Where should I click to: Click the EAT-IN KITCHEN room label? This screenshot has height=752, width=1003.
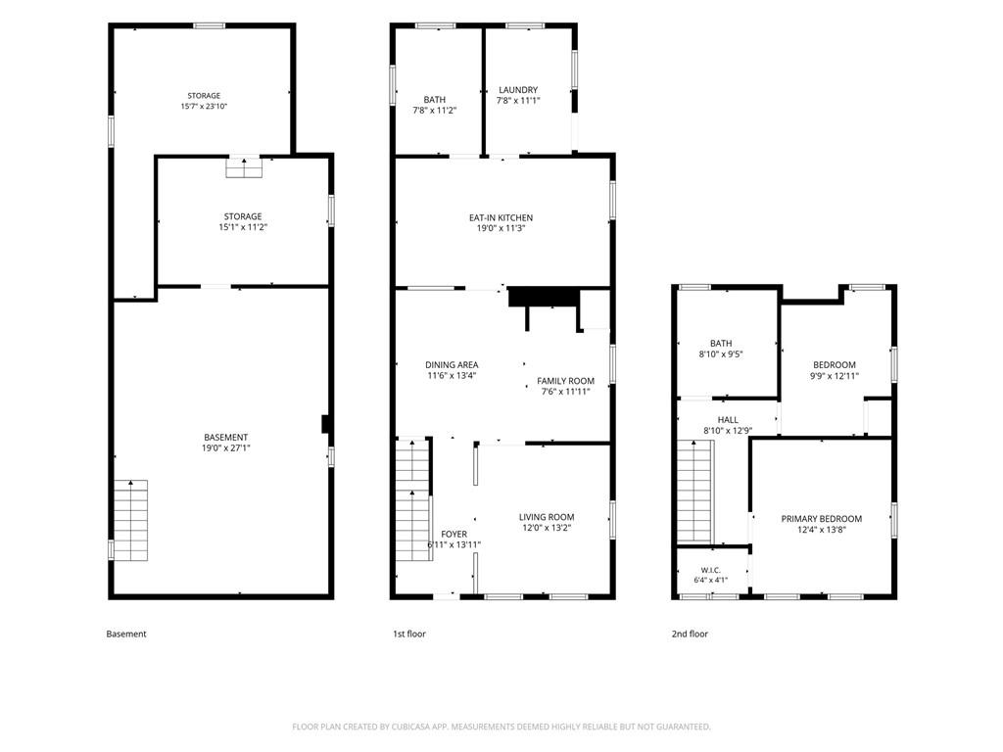point(501,218)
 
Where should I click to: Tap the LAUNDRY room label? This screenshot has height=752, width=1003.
point(518,90)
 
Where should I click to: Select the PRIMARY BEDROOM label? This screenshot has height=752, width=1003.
point(822,519)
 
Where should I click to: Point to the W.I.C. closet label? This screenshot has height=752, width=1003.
point(711,570)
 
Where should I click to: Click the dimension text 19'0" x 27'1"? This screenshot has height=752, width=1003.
point(226,448)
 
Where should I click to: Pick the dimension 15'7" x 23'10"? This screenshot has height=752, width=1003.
point(204,106)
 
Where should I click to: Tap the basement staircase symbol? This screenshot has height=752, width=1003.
point(130,521)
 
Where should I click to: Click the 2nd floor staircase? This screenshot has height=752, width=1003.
point(694,492)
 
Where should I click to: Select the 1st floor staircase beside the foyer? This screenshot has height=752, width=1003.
point(413,499)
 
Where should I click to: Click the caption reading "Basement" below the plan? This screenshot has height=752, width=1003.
point(126,634)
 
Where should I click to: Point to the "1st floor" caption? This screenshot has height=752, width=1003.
point(409,634)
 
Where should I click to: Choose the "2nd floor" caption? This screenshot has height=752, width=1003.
point(690,634)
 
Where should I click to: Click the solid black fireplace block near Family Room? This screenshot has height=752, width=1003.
point(543,298)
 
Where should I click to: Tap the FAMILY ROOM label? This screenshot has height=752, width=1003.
point(565,381)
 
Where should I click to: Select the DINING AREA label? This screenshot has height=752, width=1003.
point(452,365)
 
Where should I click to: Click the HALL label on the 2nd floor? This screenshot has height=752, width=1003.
point(728,420)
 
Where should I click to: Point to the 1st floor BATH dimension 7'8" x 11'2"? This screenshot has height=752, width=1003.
point(435,110)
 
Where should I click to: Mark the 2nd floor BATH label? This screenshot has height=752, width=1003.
point(721,344)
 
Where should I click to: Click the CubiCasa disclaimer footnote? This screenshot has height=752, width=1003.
point(501,727)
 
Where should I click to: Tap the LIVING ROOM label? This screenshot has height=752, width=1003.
point(547,517)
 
